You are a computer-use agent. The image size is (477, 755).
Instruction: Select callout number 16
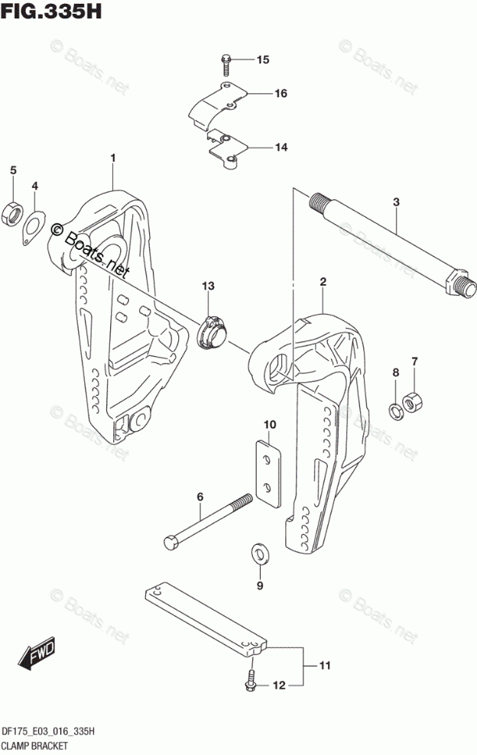point(260,94)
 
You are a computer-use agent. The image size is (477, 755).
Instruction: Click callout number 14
point(260,147)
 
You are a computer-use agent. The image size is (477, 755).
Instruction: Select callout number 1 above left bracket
point(112,158)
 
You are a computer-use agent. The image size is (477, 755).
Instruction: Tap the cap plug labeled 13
point(211,333)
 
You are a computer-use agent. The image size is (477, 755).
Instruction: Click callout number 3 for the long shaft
point(397,202)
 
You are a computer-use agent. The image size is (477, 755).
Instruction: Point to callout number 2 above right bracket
point(323,283)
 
